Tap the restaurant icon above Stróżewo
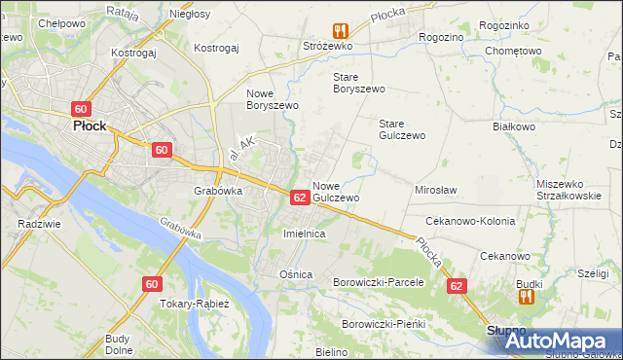(339, 30)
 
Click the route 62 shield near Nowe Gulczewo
(300, 198)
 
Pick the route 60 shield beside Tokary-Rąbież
(151, 284)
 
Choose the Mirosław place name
(436, 191)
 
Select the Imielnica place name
(303, 234)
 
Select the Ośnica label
(295, 274)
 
